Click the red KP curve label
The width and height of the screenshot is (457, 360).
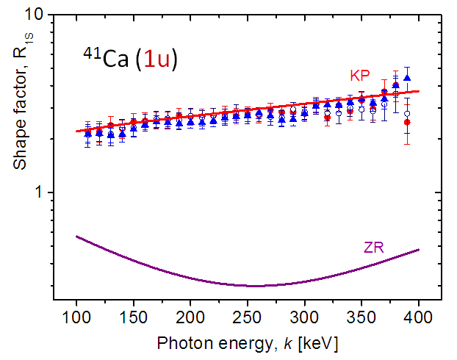tap(359, 76)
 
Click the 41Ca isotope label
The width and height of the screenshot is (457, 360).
tap(104, 59)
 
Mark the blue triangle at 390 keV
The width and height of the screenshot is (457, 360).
tap(407, 78)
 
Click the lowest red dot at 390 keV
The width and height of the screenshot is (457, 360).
tap(407, 122)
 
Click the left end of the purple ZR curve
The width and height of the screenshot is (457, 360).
tap(76, 236)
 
